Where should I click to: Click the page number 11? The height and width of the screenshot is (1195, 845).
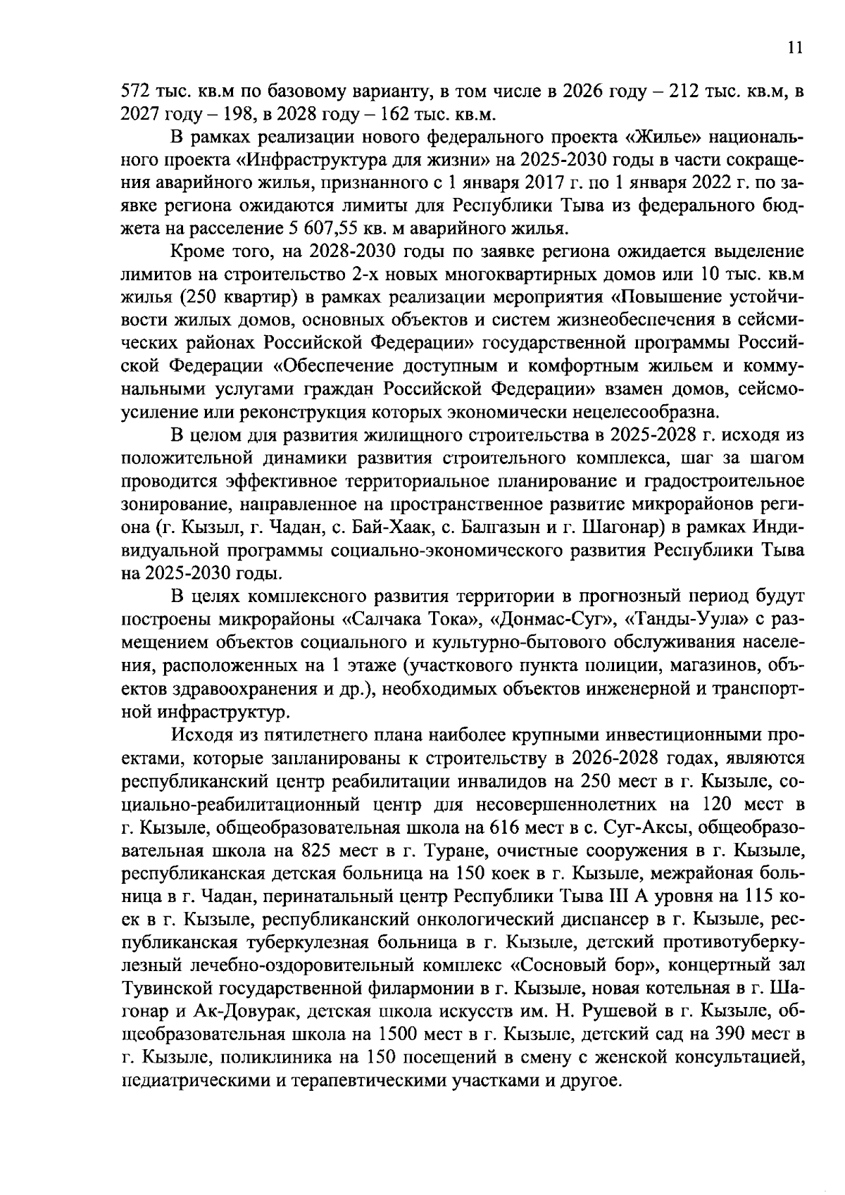[795, 48]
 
